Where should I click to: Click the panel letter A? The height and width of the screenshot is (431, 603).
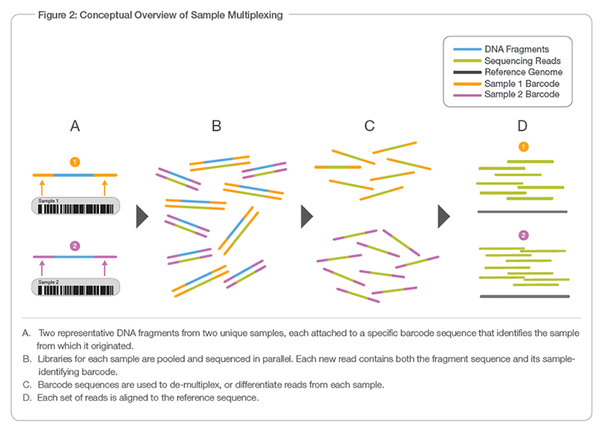point(75,126)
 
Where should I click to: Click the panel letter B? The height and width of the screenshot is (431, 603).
point(216,126)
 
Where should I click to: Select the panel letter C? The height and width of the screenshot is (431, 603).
point(369,126)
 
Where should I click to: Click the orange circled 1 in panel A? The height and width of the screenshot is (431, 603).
point(75,160)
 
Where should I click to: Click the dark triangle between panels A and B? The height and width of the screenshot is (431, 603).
point(141,217)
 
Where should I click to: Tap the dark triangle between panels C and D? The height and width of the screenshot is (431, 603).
point(445,217)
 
